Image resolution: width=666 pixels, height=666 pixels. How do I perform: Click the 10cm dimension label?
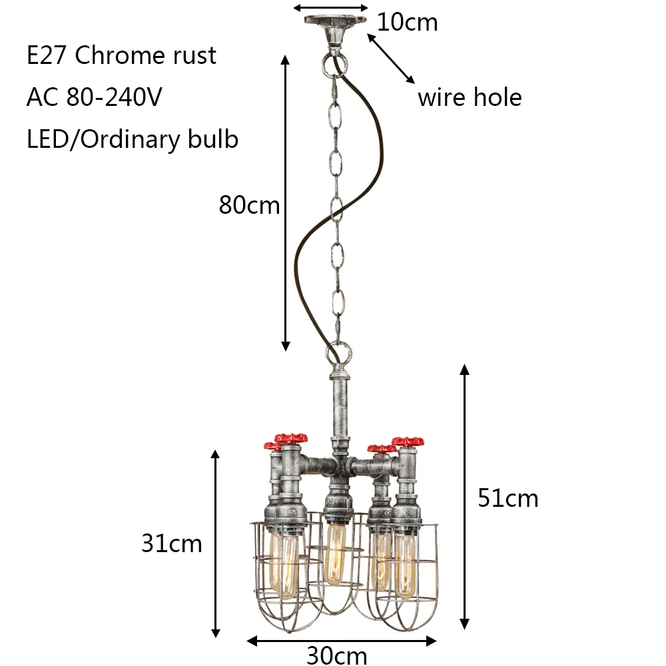tap(407, 22)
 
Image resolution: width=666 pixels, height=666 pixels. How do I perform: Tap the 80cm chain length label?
tap(249, 205)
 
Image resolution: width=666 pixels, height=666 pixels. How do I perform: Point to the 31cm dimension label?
tap(172, 543)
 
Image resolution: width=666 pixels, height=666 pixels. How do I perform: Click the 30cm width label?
tap(337, 655)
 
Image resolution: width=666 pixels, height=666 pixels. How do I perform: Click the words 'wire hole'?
tap(470, 97)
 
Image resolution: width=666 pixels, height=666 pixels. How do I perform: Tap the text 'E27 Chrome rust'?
tap(121, 55)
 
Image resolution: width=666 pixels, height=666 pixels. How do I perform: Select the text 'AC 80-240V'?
tap(95, 97)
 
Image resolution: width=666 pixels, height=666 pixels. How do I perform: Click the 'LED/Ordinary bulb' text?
tap(133, 139)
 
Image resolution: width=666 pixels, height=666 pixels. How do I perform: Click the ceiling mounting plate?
tap(335, 22)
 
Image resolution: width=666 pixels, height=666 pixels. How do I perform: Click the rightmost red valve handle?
tap(408, 442)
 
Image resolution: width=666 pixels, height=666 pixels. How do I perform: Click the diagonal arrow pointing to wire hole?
tap(391, 59)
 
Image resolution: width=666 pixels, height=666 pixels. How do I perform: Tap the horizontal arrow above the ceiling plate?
tap(331, 7)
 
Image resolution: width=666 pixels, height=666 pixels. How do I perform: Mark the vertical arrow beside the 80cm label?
tap(286, 203)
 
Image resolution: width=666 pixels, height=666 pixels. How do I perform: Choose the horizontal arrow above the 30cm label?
tap(342, 641)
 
